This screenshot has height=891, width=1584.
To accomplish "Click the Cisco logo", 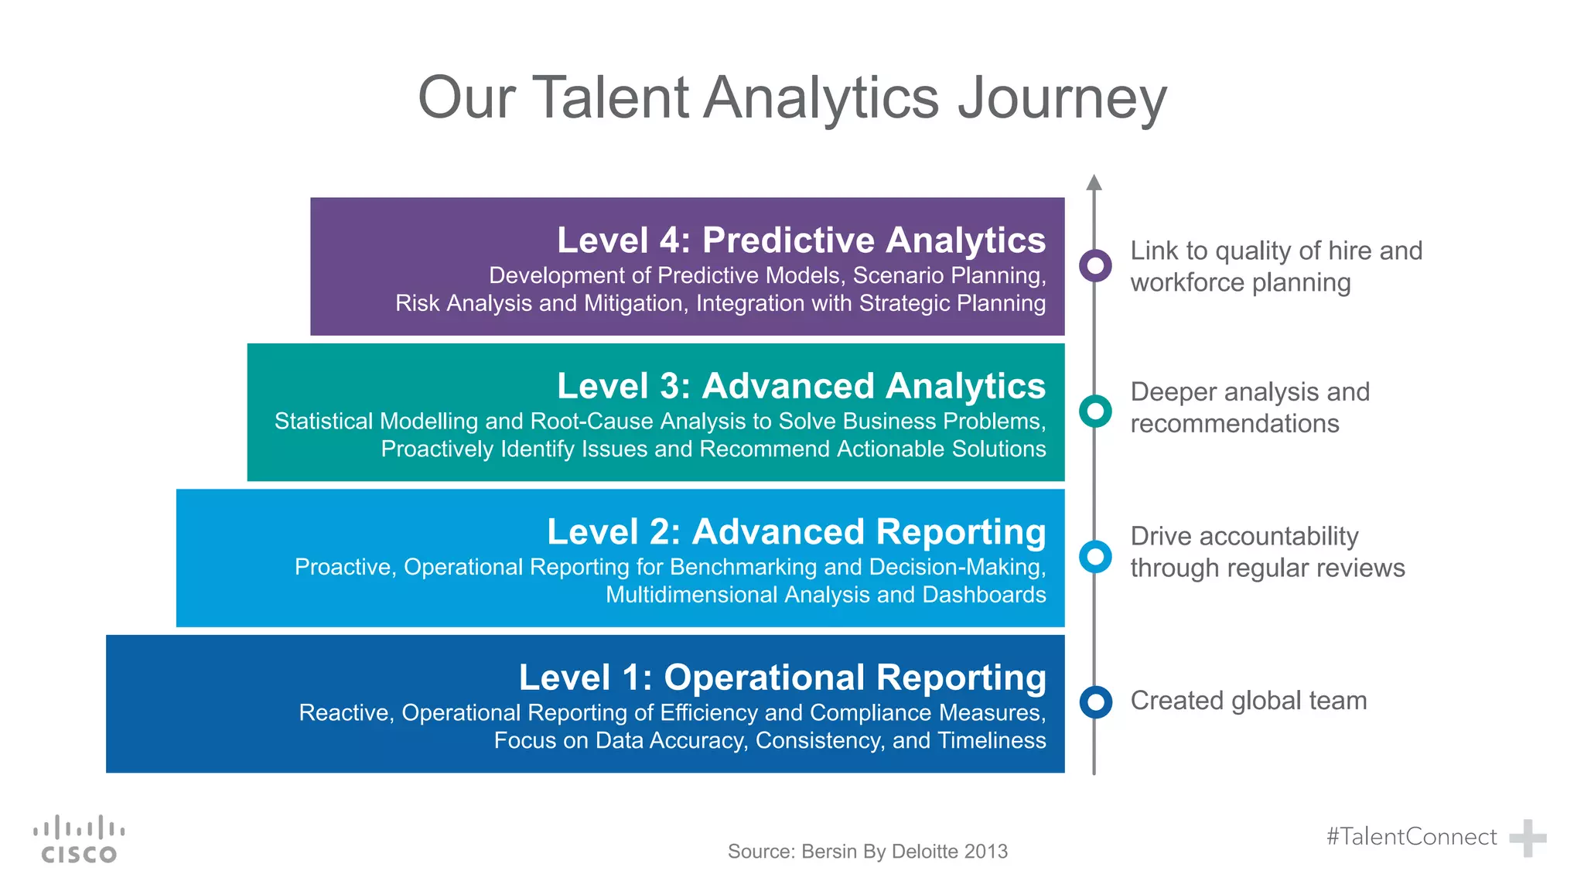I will pos(79,839).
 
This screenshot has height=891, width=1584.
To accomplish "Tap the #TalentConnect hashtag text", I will pos(1412,837).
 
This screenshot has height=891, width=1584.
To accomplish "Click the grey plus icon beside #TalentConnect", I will pos(1528,838).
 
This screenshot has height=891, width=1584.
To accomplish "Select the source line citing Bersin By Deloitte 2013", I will pos(867,852).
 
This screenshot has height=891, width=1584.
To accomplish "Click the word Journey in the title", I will pos(1062,99).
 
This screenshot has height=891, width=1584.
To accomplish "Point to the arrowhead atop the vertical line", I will pos(1094,183).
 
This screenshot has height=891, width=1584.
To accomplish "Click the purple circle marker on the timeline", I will pos(1095,265).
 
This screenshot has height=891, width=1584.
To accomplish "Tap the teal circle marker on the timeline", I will pos(1095,411).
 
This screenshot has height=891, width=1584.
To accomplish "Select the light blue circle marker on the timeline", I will pos(1095,556).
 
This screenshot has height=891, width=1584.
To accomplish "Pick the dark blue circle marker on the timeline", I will pos(1095,702).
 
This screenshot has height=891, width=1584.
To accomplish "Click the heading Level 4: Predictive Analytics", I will pos(801,240).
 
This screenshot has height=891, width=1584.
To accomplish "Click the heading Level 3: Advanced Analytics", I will pos(801,386).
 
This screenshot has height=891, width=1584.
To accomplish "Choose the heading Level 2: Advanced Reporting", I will pos(796,532).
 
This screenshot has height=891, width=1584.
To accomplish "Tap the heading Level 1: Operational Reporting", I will pos(782,678).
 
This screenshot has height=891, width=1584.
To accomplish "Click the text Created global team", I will pos(1248,701).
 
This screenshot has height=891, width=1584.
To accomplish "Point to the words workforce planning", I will pos(1240,283).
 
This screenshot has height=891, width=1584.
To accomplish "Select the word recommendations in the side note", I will pos(1234,424).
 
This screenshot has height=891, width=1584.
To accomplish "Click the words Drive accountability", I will pos(1244,536).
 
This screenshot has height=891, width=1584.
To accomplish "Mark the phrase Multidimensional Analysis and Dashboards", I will pos(825,595).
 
